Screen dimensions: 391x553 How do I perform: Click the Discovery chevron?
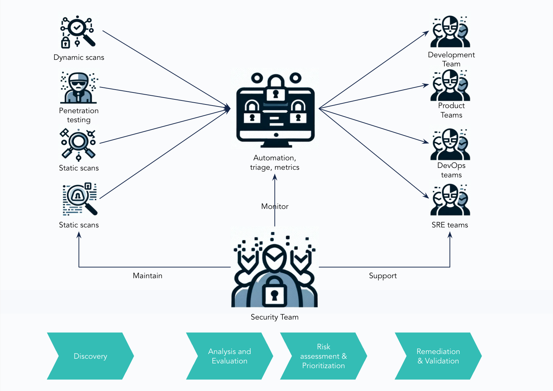coord(90,356)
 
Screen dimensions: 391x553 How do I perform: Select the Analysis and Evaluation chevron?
coord(229,356)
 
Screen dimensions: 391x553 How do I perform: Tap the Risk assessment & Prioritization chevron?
coord(323,356)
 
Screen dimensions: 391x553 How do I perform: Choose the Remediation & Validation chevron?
coord(438,356)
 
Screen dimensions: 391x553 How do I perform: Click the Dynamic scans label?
coord(79,57)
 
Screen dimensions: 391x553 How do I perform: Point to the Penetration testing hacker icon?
coord(79,88)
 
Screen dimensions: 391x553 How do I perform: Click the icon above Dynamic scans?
coord(78,32)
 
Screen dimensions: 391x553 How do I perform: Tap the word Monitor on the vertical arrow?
coord(275,206)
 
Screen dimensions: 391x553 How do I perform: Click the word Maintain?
coord(147,276)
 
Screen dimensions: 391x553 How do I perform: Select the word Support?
coord(383,276)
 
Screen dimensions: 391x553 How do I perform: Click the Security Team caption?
coord(275,317)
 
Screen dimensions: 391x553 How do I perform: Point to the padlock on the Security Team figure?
coord(274,292)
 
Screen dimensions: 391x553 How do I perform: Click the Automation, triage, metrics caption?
coord(275,162)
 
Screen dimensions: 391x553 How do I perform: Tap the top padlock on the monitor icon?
coord(276,89)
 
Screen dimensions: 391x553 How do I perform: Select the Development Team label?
coord(451,59)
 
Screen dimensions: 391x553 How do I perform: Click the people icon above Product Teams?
coord(450,86)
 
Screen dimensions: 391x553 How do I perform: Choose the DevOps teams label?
coord(451,170)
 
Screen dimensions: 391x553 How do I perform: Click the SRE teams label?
coord(450,225)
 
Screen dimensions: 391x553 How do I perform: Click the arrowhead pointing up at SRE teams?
coord(450,235)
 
